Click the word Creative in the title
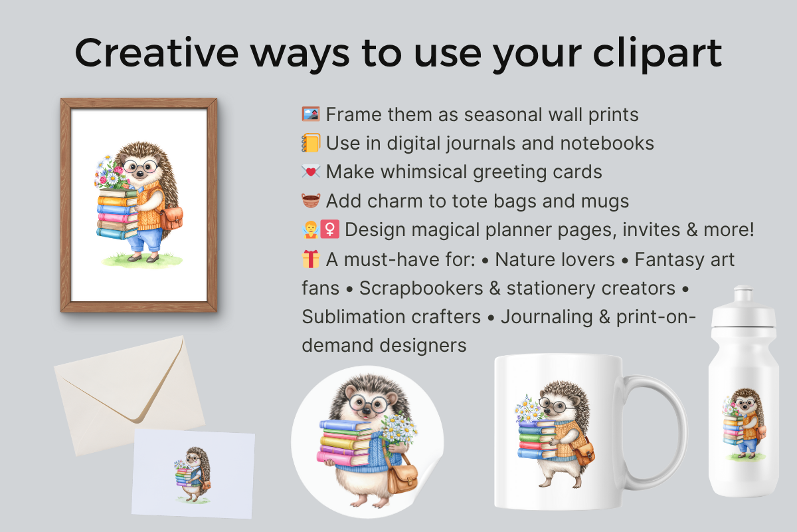point(157,53)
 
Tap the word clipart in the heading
point(658,53)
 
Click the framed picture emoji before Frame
point(311,114)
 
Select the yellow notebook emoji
point(311,143)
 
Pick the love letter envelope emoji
point(311,172)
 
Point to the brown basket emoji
point(311,201)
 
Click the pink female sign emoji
point(330,229)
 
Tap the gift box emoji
point(311,259)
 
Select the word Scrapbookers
point(421,288)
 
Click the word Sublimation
point(391,317)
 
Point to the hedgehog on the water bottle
point(745,424)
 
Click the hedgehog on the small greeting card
point(193,475)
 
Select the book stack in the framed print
point(117,214)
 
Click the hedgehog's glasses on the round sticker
point(369,404)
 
